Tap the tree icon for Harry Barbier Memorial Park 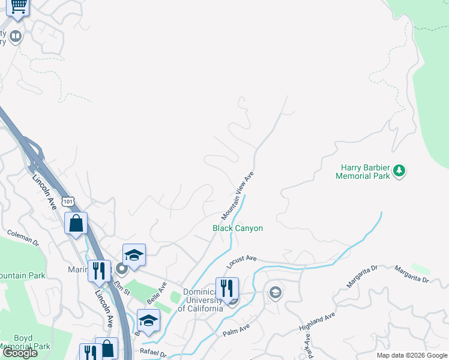[399, 172]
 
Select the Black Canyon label [238, 228]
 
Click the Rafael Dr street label [153, 354]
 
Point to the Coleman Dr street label [23, 238]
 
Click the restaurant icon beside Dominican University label [227, 288]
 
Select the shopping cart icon [17, 6]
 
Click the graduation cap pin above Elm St [134, 255]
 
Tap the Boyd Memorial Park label [24, 343]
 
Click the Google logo [20, 353]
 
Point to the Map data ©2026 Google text [412, 355]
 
